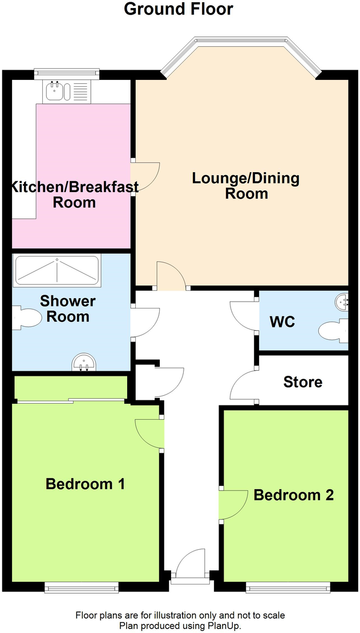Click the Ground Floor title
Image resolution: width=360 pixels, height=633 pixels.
tap(179, 9)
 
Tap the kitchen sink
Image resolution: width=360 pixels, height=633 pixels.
tap(56, 91)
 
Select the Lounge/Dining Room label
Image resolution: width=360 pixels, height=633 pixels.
tap(246, 185)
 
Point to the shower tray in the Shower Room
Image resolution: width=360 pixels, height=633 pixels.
tap(57, 270)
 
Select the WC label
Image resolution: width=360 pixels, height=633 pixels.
tap(282, 322)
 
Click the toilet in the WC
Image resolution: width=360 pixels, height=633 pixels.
tap(334, 331)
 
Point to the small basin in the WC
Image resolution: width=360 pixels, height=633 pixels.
tap(343, 302)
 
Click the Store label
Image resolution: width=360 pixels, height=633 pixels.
tap(303, 382)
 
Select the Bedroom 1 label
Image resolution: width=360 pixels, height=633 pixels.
tap(86, 484)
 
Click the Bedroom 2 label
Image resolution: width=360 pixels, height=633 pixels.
tap(293, 494)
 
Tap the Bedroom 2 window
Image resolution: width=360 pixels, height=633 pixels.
tap(288, 586)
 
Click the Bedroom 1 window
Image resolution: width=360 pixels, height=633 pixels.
tap(82, 586)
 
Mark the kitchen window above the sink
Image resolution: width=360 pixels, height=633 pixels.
tap(67, 73)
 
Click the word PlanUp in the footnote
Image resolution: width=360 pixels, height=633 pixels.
tap(223, 626)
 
